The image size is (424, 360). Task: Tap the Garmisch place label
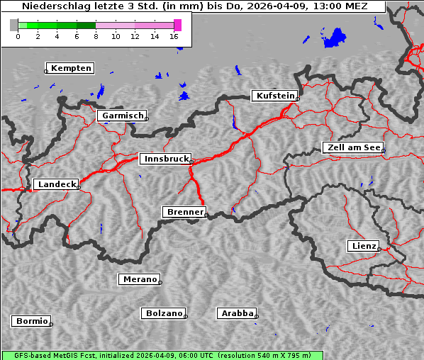point(123,116)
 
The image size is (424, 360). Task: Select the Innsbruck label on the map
point(165,159)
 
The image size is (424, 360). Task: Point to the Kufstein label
point(274,96)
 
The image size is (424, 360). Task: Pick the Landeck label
point(57,184)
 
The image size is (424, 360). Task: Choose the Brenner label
point(185,212)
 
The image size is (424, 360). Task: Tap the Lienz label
point(364,246)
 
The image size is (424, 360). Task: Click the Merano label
point(140,279)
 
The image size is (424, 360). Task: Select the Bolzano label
point(164,313)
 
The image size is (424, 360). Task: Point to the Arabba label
point(237,313)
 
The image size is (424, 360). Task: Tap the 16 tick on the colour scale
point(174,36)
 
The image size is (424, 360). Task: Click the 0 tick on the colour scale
point(18,36)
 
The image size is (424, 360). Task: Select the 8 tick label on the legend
point(96,36)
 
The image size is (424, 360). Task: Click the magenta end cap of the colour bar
point(177,25)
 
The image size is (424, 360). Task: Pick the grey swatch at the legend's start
point(14,25)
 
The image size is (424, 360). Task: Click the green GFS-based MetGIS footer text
point(162,355)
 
